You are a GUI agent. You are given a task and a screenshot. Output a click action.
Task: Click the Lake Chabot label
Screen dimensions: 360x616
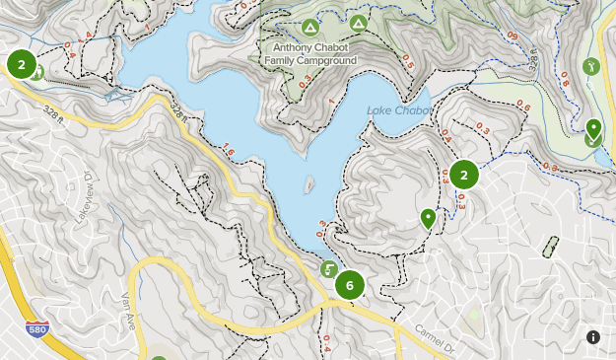click(397, 110)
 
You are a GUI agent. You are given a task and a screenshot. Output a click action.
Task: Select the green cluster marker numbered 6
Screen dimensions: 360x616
click(349, 286)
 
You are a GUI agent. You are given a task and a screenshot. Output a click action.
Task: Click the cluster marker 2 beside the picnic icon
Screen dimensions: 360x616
click(20, 64)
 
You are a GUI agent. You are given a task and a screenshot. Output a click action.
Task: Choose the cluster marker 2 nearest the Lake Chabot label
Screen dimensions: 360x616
click(464, 176)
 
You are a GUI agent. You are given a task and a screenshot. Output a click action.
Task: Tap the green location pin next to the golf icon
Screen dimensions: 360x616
click(593, 128)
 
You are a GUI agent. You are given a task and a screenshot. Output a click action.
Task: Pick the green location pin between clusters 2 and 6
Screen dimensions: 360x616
click(428, 218)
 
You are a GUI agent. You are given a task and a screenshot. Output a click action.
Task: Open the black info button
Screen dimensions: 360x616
click(593, 337)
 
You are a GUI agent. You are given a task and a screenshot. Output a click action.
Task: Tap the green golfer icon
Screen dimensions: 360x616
click(591, 67)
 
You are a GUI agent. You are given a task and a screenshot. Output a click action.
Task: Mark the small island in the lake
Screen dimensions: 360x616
click(309, 184)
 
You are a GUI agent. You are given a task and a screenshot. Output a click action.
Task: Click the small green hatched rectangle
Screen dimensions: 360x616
click(550, 247)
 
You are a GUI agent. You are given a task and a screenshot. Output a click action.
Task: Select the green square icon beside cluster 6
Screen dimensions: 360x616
click(329, 268)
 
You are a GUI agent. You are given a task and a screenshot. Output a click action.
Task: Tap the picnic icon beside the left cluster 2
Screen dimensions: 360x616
click(36, 73)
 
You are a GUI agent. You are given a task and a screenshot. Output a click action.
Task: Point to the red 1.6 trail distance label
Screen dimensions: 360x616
click(229, 151)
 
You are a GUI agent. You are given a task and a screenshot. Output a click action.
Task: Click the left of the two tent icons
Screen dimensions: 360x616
click(310, 26)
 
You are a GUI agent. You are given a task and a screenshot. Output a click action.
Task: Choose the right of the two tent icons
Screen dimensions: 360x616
click(358, 22)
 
